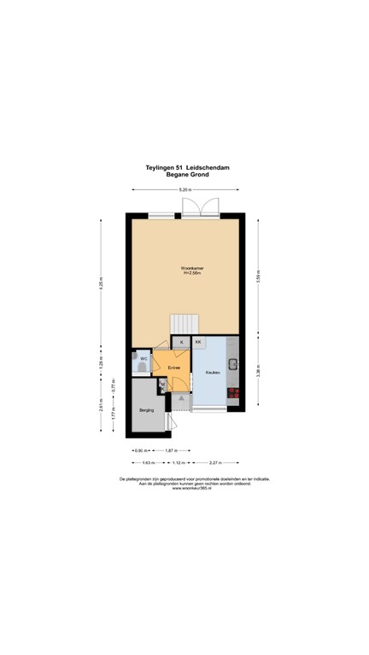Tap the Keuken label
pyautogui.click(x=213, y=373)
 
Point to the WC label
pyautogui.click(x=143, y=359)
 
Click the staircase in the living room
pyautogui.click(x=184, y=324)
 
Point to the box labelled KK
pyautogui.click(x=198, y=342)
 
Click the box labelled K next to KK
pyautogui.click(x=181, y=342)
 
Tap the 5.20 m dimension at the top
pyautogui.click(x=184, y=189)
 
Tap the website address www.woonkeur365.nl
pyautogui.click(x=184, y=489)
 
